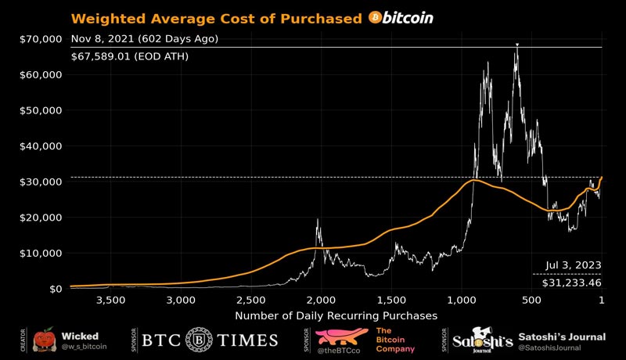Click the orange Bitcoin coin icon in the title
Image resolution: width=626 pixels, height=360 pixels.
click(375, 18)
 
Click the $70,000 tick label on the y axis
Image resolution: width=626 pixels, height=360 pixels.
click(41, 38)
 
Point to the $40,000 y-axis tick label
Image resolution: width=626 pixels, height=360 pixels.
click(41, 146)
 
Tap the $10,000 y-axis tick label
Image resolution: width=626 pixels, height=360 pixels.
click(41, 253)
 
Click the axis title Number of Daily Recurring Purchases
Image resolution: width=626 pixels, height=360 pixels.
click(336, 315)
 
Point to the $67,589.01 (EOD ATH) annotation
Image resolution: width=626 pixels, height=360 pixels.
click(129, 56)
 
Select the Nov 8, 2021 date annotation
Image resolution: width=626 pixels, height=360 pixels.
click(144, 38)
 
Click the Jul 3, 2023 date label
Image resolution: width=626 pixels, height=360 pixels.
click(574, 265)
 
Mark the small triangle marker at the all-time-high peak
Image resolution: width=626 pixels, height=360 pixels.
click(517, 45)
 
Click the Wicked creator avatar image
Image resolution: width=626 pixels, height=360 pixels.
click(45, 339)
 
